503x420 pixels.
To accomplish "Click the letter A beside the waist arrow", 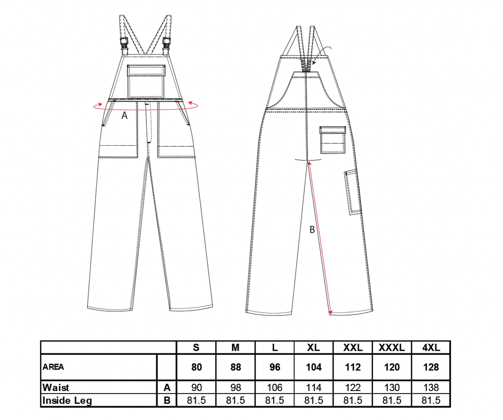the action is tap(124, 115).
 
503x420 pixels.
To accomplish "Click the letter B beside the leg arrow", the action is tap(312, 230).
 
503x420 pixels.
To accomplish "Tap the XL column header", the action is tap(313, 347).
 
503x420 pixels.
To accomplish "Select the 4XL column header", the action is tap(431, 347).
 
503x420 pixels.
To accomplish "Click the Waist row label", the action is tap(56, 387).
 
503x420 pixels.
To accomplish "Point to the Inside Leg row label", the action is tap(67, 400).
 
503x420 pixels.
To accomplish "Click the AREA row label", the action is tap(53, 367).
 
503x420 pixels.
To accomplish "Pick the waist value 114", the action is tap(313, 388).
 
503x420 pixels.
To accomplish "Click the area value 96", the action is tap(275, 367).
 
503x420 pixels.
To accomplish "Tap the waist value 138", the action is tap(431, 388).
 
